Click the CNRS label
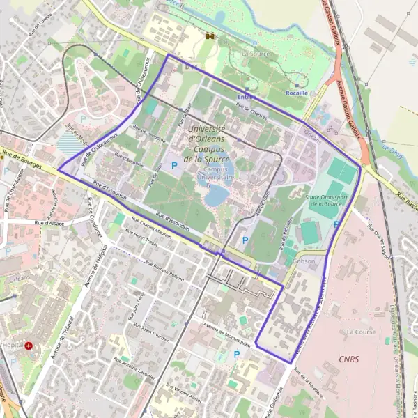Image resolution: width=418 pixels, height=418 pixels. [348, 359]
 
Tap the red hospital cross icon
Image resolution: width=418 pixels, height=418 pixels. [29, 346]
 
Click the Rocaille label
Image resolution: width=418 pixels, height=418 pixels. [297, 91]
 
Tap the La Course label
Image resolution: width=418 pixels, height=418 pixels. [361, 332]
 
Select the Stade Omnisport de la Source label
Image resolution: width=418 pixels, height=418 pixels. [324, 201]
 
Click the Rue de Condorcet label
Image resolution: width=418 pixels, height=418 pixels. [93, 217]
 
